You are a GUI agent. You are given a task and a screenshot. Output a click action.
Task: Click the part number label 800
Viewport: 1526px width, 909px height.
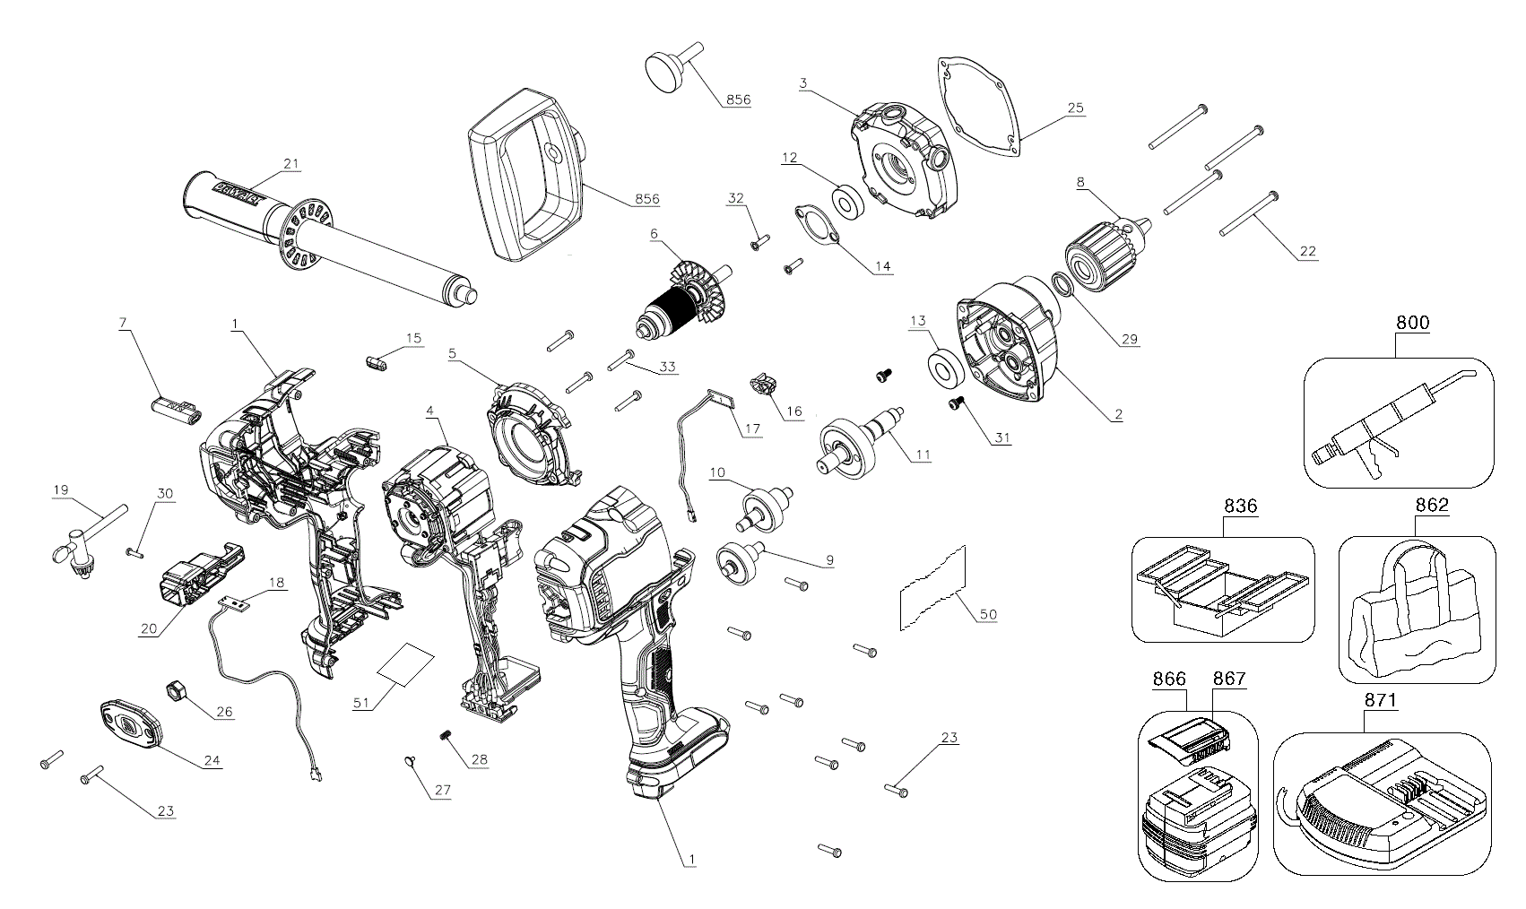1411,323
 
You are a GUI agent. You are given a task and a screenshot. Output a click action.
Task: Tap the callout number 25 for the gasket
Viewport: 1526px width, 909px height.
1075,108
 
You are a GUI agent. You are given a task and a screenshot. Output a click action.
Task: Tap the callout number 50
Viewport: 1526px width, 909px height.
987,614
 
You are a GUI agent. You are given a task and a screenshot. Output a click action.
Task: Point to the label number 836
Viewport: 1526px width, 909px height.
1240,506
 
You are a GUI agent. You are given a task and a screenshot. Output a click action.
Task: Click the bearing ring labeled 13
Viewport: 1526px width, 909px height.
943,368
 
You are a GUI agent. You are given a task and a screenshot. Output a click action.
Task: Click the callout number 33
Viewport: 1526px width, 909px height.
667,366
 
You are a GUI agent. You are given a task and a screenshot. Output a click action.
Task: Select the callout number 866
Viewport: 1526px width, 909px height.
1169,679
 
